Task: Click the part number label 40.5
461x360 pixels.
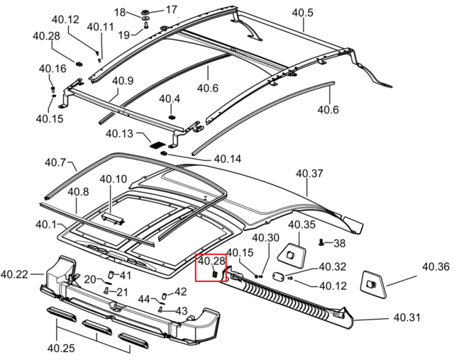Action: point(302,13)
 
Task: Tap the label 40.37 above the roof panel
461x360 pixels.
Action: point(309,173)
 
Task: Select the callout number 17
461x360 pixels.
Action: point(171,10)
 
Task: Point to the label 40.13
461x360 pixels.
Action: point(119,134)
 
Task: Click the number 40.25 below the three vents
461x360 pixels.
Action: point(61,348)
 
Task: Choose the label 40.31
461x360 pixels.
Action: point(407,318)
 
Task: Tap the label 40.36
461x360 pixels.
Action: point(436,267)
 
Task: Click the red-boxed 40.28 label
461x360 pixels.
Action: point(211,260)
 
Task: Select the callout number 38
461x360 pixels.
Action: point(339,243)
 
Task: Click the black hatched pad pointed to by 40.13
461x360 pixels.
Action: point(157,144)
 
